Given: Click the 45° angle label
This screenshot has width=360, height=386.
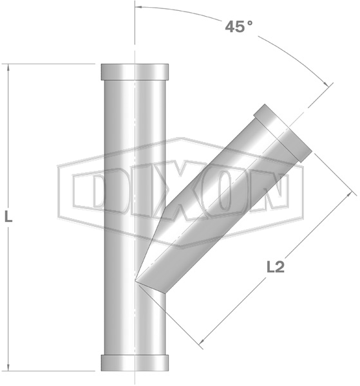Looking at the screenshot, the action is (239, 26).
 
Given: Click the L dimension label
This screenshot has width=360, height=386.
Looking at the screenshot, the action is (8, 217).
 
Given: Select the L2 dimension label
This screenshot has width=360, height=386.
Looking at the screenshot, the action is (276, 267).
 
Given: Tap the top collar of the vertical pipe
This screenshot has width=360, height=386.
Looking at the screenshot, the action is (135, 72).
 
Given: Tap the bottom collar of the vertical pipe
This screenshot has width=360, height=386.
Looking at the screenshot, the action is (135, 363).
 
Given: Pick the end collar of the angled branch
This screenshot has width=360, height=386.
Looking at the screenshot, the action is (283, 133).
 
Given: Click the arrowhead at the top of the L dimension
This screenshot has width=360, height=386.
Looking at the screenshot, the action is (8, 68).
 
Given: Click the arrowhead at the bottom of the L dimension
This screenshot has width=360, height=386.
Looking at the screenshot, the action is (8, 367).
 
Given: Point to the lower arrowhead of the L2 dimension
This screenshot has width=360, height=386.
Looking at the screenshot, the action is (202, 342).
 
